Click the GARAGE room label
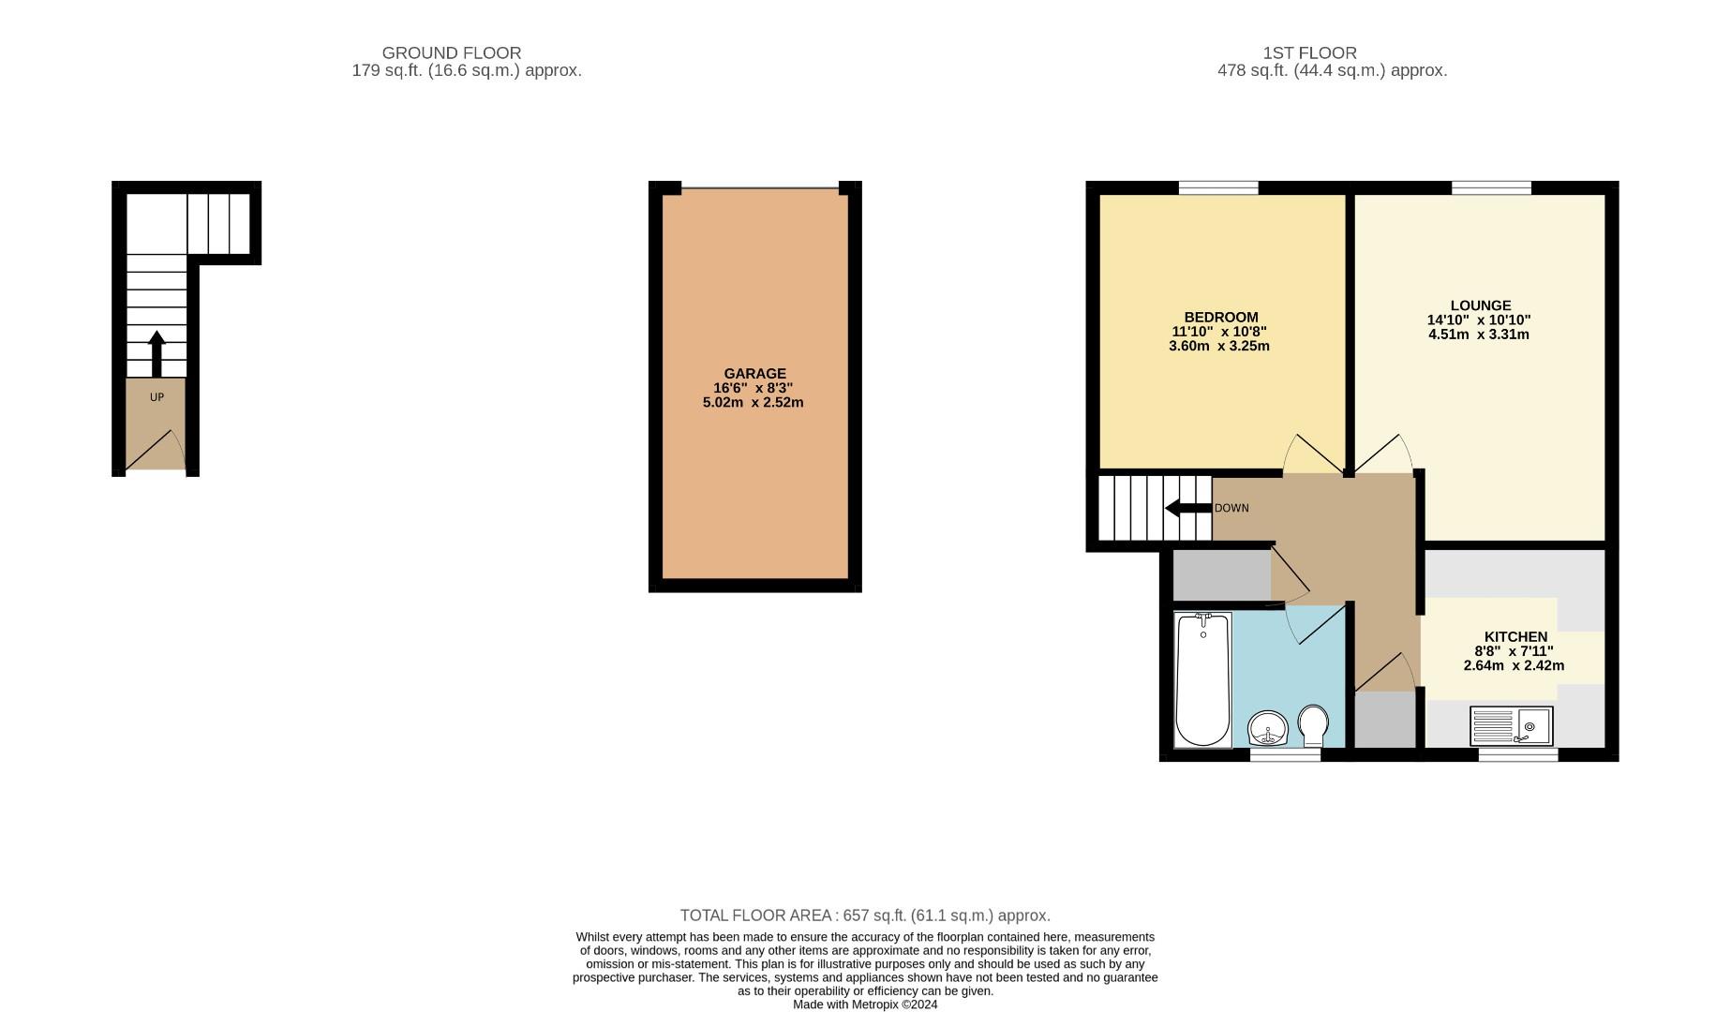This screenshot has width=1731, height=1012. (x=754, y=373)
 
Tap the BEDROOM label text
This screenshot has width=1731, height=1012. (x=1220, y=317)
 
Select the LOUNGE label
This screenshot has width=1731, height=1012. (x=1480, y=305)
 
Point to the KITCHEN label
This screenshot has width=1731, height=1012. (x=1515, y=636)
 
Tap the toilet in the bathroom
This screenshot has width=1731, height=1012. (x=1313, y=724)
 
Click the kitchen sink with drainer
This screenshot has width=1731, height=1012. (x=1511, y=726)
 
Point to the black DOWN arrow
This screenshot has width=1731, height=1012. (x=1187, y=508)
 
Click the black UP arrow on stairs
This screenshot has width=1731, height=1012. (x=157, y=352)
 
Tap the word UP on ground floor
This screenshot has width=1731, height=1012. (x=157, y=397)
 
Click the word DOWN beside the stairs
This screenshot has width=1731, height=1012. (x=1231, y=508)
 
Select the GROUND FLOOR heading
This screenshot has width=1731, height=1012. (x=451, y=52)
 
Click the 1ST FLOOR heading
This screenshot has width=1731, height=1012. (x=1309, y=52)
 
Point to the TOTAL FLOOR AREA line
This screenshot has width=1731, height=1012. (x=864, y=915)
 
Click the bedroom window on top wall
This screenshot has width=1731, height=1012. (x=1217, y=188)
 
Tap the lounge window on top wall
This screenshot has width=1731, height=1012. (x=1490, y=188)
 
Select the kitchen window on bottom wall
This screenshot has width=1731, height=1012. (x=1517, y=754)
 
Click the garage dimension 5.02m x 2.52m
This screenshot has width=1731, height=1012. (x=753, y=403)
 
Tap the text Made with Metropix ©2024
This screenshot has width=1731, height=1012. (x=864, y=1005)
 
